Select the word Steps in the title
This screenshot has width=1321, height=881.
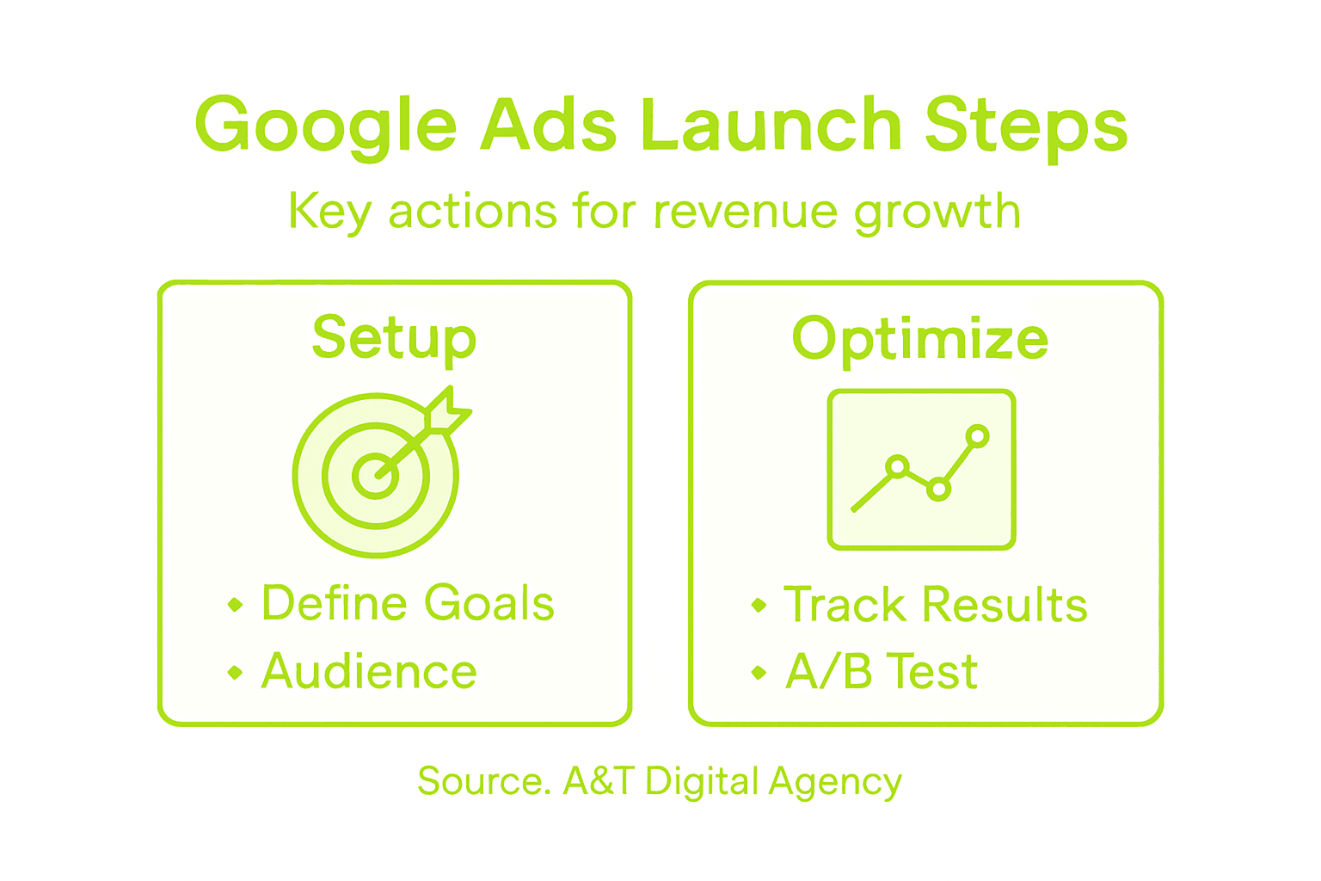click(1027, 129)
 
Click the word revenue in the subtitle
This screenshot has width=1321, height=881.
click(746, 213)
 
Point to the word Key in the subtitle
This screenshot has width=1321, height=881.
click(330, 213)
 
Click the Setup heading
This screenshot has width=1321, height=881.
click(394, 340)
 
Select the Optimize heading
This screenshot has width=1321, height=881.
click(920, 341)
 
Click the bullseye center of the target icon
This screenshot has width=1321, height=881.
click(376, 476)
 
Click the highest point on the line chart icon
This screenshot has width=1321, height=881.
click(977, 436)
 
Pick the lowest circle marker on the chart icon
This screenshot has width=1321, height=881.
click(938, 490)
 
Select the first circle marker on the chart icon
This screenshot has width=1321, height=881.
click(897, 466)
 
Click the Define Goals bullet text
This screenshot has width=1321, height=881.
click(409, 603)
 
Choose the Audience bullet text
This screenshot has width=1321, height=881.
click(369, 671)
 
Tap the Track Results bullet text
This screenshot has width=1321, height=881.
click(936, 604)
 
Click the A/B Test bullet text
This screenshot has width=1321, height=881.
click(882, 671)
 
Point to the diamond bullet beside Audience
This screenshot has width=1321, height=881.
click(236, 672)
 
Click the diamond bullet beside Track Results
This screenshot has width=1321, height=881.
click(759, 605)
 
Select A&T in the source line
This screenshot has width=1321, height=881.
click(599, 780)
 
